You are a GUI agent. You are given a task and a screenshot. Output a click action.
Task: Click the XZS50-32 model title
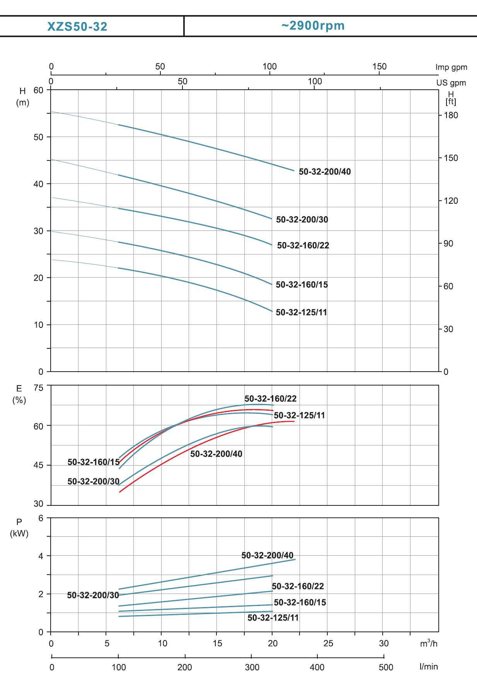77,26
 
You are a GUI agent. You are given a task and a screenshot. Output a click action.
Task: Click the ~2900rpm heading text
313,26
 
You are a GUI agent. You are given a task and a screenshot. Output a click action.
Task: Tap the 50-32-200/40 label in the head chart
325,172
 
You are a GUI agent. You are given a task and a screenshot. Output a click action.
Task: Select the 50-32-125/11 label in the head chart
301,312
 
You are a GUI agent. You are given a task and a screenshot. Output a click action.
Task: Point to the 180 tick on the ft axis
451,115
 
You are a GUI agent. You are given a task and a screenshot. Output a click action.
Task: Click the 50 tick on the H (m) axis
39,137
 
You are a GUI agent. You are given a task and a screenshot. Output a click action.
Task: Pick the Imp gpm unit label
451,67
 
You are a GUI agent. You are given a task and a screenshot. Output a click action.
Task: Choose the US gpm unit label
451,83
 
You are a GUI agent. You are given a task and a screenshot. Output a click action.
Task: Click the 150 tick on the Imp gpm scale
379,67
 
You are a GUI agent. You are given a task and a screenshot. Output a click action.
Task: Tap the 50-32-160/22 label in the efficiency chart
270,399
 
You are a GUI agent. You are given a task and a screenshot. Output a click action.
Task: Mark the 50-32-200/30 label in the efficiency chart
93,481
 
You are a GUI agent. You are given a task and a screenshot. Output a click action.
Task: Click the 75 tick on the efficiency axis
39,388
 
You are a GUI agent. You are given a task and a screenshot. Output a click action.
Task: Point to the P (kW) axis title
19,528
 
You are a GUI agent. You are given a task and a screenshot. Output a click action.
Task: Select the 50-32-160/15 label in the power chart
300,602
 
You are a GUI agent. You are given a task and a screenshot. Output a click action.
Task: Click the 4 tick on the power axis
41,556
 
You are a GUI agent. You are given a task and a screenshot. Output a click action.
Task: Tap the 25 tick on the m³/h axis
328,643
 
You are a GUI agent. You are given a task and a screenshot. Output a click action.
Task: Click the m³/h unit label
429,643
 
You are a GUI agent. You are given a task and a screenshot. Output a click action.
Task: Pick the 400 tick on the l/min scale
317,667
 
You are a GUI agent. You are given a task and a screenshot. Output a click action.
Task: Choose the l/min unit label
429,667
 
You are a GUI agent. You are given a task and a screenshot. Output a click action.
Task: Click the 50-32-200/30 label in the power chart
93,595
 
